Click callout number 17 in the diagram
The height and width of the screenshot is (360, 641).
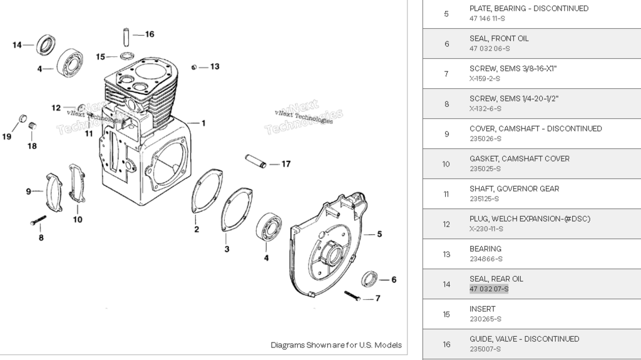[285, 164]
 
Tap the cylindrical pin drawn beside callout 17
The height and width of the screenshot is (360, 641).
[255, 161]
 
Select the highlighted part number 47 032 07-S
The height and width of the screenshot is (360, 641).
[489, 289]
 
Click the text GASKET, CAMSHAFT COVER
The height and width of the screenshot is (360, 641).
[519, 158]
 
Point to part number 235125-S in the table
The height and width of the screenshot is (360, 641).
[484, 198]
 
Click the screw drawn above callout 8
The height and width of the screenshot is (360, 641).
[38, 220]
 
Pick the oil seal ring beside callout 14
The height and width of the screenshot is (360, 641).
[45, 44]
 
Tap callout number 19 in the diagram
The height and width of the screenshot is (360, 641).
[7, 136]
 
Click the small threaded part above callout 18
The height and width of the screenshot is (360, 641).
[33, 127]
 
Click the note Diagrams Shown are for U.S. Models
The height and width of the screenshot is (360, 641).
[336, 345]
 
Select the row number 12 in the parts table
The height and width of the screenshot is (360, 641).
[446, 224]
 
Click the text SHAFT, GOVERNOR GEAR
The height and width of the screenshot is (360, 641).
[514, 188]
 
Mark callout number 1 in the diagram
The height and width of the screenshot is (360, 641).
[203, 123]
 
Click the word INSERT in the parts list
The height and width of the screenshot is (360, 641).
[482, 309]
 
